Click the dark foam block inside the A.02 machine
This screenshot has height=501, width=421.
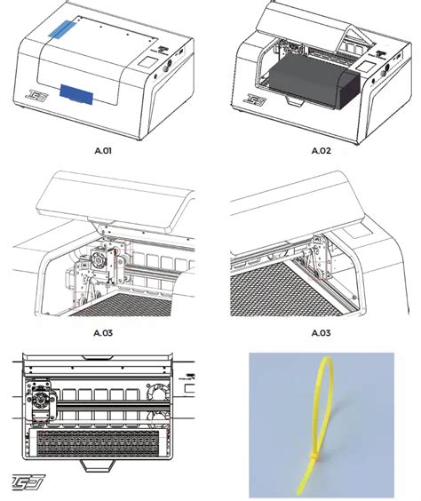pos(307,91)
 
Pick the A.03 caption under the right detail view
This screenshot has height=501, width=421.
pos(320,334)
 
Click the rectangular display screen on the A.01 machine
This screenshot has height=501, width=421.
pos(144,65)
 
